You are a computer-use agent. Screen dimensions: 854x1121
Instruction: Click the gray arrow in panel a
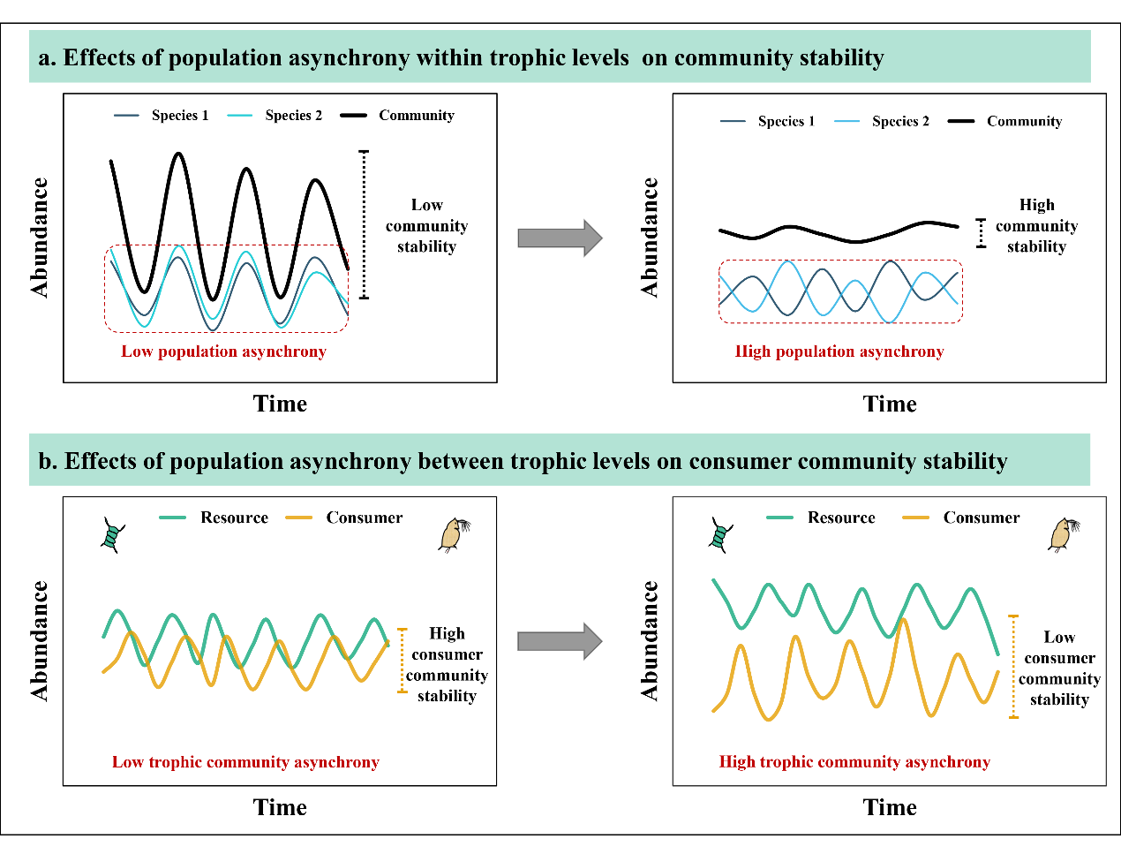pos(560,238)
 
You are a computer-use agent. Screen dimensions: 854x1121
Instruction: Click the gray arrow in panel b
pos(560,641)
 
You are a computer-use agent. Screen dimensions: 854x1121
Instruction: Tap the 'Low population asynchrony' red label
pos(223,351)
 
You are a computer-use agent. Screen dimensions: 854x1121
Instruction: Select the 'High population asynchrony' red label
pos(839,351)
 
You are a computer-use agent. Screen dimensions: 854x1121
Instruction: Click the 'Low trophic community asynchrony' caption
pos(245,762)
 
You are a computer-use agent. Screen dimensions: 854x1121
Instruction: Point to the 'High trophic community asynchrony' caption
pos(854,762)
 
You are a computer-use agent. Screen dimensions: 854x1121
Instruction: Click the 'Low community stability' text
pos(426,226)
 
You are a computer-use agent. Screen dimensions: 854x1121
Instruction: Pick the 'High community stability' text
pos(1036,226)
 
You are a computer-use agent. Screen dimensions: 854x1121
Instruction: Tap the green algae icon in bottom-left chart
pos(111,535)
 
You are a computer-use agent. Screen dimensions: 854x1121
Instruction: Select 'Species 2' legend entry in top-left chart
pos(293,116)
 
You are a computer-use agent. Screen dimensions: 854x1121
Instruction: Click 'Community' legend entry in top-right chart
pos(1024,122)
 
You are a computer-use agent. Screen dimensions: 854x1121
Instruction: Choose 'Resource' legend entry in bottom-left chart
pos(234,518)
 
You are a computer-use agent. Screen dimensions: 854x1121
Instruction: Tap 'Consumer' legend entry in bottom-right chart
pos(981,518)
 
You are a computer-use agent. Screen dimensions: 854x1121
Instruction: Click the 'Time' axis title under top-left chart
pos(280,404)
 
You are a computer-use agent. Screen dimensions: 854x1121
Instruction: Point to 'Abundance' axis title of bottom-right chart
pos(651,641)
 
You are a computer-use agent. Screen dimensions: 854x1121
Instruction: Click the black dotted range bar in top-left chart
pos(365,224)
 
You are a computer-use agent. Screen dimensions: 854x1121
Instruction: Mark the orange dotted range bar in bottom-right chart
pos(1013,667)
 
